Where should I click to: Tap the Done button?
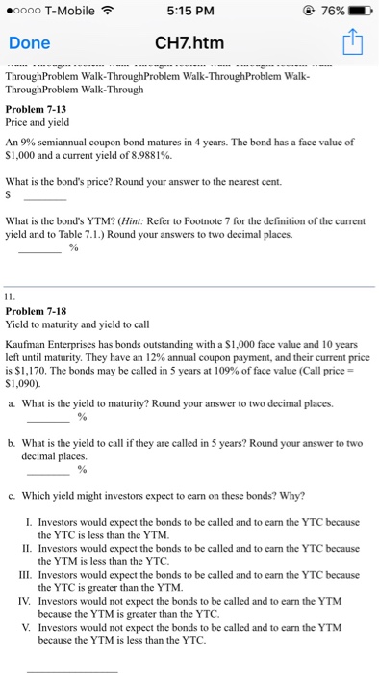pos(29,43)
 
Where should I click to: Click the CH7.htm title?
pos(189,43)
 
